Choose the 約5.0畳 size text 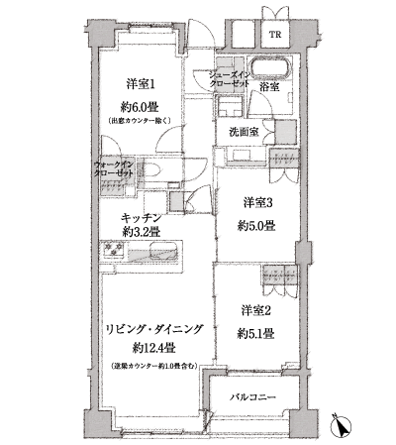(x=259, y=226)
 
